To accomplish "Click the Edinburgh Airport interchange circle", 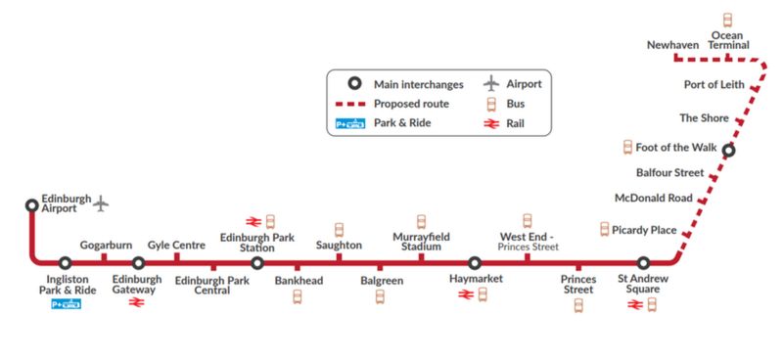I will (31, 205).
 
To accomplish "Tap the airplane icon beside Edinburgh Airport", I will (101, 203).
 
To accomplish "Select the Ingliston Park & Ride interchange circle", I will (65, 263).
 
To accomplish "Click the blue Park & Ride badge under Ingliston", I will (65, 304).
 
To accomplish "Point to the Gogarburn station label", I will (106, 245).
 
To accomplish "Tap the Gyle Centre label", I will (176, 245).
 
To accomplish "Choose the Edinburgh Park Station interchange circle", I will (256, 263).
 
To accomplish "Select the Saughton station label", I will (339, 245).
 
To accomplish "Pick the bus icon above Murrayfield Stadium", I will (422, 221).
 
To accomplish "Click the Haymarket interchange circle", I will (475, 263).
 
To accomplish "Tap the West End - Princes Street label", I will (529, 241).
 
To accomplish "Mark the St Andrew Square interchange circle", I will (643, 263).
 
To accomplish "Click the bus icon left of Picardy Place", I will (604, 229).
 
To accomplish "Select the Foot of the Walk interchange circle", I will (728, 150).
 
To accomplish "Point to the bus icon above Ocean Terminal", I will (727, 20).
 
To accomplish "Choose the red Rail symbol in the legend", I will (489, 124).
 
